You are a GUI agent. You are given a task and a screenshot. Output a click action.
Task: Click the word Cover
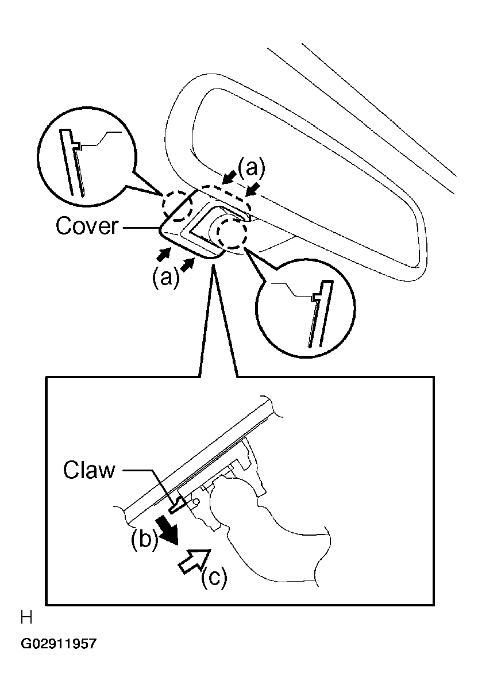pos(87,226)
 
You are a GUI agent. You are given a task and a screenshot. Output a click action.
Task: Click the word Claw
pos(88,471)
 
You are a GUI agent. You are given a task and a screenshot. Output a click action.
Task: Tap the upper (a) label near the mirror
pos(252,167)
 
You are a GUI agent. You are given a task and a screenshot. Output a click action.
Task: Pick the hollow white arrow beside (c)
pos(192,559)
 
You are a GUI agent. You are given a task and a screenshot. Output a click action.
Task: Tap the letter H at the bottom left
pos(26,618)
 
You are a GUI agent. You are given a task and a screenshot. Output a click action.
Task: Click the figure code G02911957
pos(59,644)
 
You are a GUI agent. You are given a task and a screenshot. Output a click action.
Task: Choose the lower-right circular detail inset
pos(304,313)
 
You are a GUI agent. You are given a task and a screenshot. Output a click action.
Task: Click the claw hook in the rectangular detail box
pos(179,504)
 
